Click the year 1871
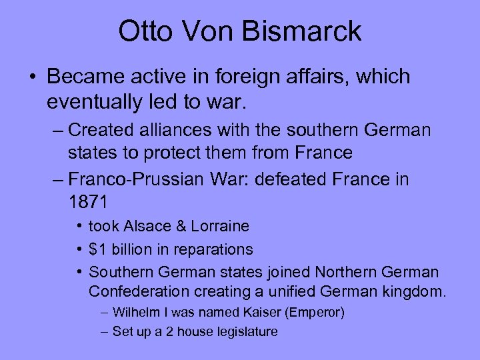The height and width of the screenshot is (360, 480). [x=89, y=201]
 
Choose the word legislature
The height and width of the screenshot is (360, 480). [x=245, y=331]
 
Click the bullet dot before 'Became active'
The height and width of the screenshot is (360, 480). [x=32, y=77]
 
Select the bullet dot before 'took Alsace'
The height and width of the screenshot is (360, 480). [x=79, y=227]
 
